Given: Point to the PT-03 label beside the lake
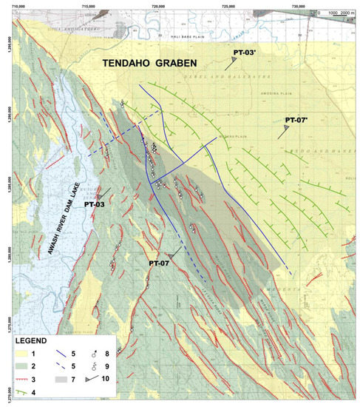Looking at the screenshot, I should [x=95, y=203].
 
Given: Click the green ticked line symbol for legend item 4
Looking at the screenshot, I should [x=25, y=393].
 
